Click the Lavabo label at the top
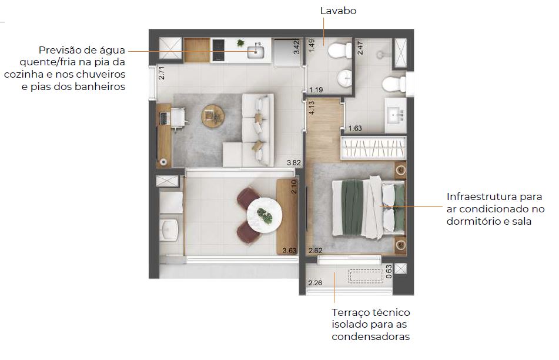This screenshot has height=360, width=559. pos(339,11)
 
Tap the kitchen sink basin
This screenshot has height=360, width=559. pos(256,52)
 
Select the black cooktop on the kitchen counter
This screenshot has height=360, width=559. pos(218,50)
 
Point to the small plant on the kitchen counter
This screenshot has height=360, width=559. pos(240,44)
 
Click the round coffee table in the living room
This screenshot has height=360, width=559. pos(213,116)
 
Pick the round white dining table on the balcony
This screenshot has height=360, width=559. pos(264,215)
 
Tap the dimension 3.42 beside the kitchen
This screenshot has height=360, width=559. pos(297,47)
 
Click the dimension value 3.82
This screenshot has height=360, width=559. pos(294,162)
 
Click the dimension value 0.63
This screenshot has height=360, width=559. pos(389,271)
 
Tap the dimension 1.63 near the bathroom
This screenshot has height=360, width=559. pos(355,128)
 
